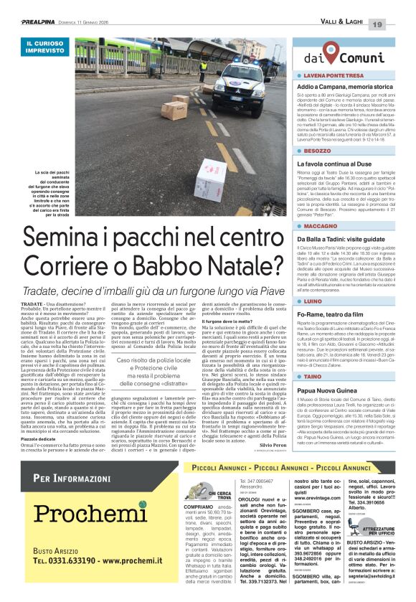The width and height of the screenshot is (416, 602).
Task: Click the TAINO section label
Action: point(314,376)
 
